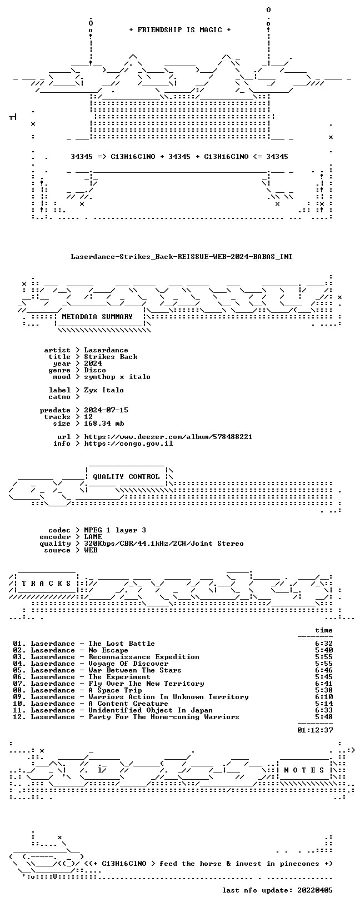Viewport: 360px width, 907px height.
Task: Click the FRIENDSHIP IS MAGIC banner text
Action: [180, 30]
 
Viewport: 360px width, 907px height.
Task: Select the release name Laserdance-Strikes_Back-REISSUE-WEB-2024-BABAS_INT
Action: [182, 257]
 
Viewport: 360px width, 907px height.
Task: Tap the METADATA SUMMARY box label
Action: [97, 317]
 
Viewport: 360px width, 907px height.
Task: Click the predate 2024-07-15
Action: [106, 410]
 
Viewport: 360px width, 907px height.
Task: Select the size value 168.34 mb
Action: [104, 423]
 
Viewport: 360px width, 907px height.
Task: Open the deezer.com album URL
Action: [168, 437]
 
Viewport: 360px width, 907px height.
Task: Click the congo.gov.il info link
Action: [128, 443]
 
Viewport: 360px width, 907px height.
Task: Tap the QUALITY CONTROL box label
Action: [126, 477]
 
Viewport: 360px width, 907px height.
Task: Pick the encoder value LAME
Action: [93, 537]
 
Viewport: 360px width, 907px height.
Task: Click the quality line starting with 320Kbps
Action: [163, 544]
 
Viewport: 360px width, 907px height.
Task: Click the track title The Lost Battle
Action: [122, 644]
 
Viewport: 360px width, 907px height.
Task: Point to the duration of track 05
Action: [323, 670]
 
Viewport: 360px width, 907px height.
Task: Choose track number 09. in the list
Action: [19, 697]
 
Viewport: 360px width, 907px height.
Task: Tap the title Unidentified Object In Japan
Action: [150, 710]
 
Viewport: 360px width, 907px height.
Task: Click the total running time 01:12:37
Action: [314, 730]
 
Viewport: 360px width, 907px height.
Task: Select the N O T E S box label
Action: [304, 770]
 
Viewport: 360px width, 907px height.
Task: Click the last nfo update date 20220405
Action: [314, 890]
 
